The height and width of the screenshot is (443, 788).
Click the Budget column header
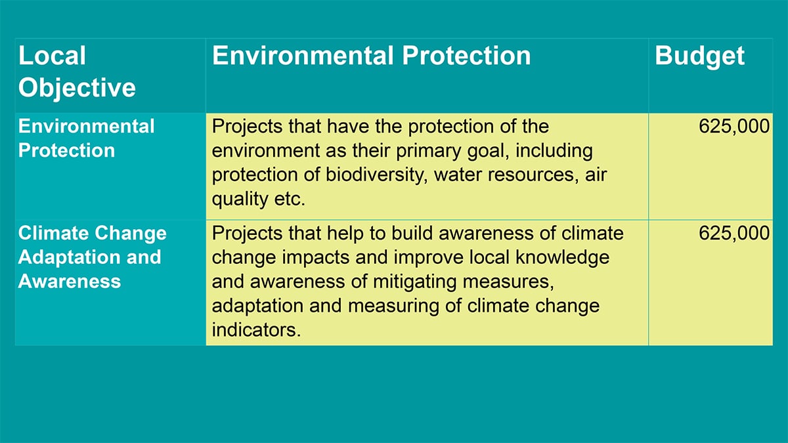699,57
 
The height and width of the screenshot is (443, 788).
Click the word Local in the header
52,56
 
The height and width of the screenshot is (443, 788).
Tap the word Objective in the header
77,88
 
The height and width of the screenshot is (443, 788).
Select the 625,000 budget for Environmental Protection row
734,126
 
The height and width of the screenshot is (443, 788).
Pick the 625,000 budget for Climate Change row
734,233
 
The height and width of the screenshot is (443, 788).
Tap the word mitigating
414,282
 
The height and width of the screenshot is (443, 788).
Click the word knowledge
562,258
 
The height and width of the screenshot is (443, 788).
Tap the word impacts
316,258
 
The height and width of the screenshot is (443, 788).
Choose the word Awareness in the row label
70,282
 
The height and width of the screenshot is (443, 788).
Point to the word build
412,233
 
